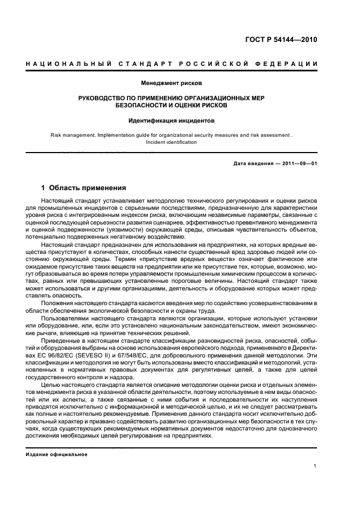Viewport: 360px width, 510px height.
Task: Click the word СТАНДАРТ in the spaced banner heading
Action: (142, 64)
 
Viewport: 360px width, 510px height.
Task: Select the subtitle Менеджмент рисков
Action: (172, 83)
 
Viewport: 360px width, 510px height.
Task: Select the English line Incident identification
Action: (172, 142)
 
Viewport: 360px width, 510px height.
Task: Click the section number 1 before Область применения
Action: (44, 188)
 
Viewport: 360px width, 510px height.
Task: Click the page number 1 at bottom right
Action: (315, 466)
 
